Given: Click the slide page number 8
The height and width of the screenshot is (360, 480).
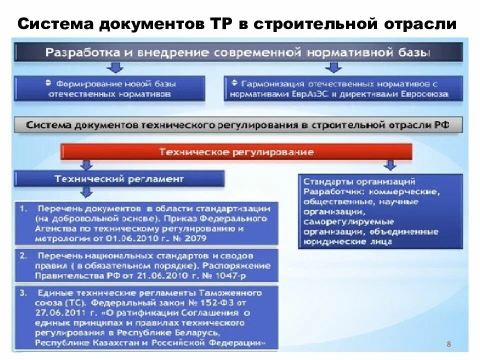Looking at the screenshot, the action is [448, 344].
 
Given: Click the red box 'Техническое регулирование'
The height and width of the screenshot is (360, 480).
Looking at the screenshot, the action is [236, 151].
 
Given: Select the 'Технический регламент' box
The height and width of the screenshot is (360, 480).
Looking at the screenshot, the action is [119, 178].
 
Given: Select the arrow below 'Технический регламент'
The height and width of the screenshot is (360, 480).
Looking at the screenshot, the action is [86, 191].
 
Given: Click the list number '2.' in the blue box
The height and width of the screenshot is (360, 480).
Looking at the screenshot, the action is [23, 256].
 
